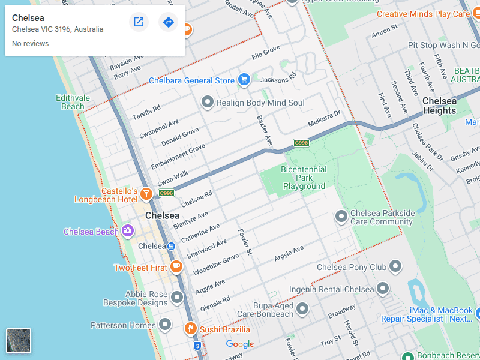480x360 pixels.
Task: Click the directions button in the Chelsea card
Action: (168, 22)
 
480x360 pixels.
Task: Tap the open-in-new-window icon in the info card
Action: (139, 22)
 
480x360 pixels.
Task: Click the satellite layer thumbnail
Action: (19, 341)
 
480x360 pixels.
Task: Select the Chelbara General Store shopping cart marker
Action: (244, 79)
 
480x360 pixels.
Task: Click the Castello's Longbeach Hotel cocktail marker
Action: (145, 193)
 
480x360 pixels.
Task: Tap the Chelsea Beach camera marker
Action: (127, 230)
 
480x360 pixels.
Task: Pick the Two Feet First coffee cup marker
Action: (176, 266)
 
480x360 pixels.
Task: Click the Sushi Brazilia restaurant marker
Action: (190, 328)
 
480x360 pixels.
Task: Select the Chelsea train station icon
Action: (171, 246)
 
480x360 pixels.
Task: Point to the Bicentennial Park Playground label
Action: (304, 178)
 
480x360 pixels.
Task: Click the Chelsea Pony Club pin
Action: (395, 266)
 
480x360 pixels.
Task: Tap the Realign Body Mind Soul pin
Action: (208, 102)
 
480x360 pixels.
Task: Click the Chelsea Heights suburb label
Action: (439, 106)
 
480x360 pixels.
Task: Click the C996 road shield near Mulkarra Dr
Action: (301, 143)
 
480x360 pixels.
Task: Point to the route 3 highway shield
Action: (197, 346)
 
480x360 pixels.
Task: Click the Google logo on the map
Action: (240, 344)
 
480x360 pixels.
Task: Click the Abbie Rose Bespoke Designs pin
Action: (177, 297)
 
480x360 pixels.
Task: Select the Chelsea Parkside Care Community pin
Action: (341, 216)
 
